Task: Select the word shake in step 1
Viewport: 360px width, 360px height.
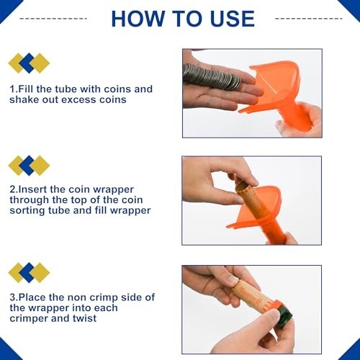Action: point(25,100)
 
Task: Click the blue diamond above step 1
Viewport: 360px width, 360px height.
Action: point(29,63)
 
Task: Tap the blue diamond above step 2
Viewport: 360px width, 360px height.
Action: point(29,166)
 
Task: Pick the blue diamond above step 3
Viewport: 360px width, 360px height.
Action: point(29,272)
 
